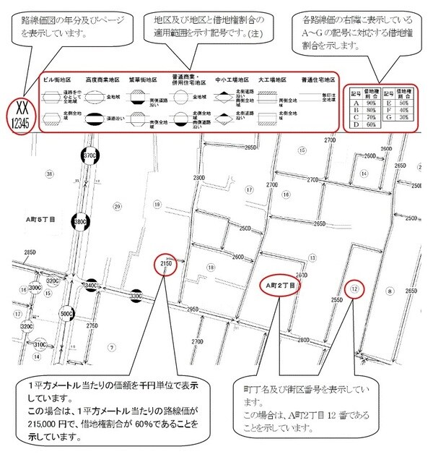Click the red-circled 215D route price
[165, 265]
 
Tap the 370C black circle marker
[89, 155]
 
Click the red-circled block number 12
[354, 289]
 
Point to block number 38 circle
[48, 174]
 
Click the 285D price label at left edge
[30, 253]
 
